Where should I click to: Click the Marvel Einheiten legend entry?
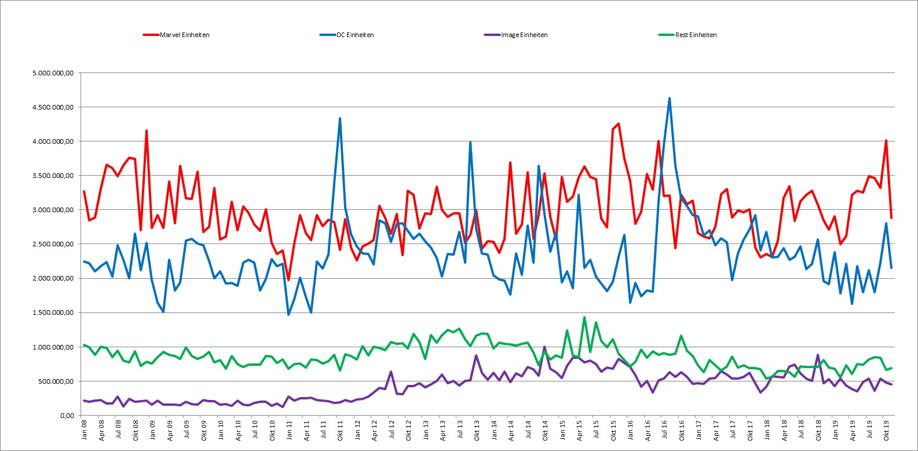click(x=176, y=35)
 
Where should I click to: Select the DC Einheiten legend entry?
click(x=347, y=35)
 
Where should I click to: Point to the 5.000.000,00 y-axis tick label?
click(x=53, y=73)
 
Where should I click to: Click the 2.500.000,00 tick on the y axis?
click(x=53, y=244)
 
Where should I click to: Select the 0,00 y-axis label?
click(x=67, y=415)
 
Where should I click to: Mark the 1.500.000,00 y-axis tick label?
click(x=53, y=312)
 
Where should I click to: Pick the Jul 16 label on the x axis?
click(x=664, y=429)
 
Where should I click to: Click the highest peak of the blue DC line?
click(x=669, y=98)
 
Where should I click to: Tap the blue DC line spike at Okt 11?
click(x=340, y=118)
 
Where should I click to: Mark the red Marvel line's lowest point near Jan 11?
click(x=288, y=280)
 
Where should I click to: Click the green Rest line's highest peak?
click(x=584, y=317)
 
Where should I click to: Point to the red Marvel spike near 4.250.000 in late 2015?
click(x=619, y=123)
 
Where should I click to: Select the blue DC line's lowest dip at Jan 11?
click(x=288, y=314)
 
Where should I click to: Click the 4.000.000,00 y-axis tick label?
click(x=53, y=141)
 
